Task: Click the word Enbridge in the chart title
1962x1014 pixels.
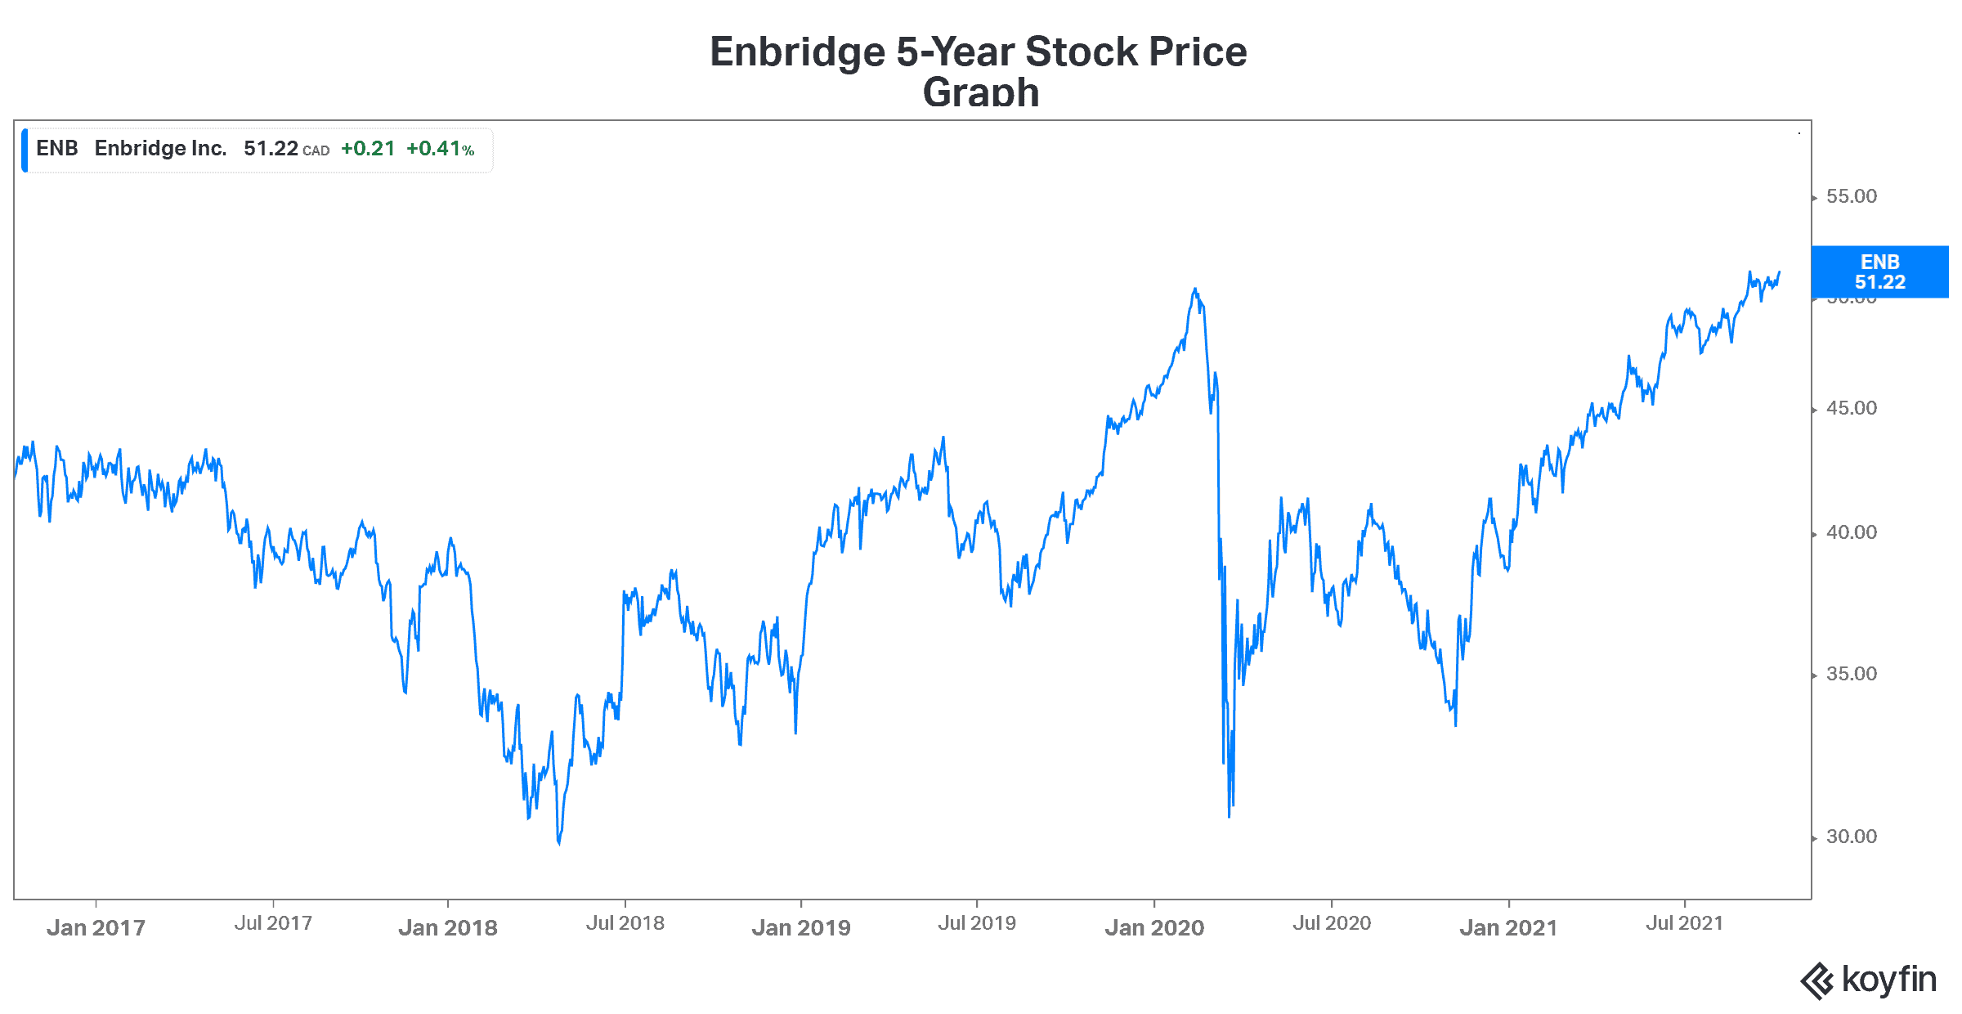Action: click(797, 52)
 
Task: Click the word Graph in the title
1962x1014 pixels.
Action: click(980, 92)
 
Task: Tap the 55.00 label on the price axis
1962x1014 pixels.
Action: click(1851, 196)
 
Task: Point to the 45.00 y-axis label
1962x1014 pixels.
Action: click(1851, 408)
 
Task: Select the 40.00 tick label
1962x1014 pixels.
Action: click(1851, 532)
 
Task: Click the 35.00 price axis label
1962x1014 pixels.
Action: click(1851, 674)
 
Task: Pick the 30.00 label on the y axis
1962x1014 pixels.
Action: click(1851, 837)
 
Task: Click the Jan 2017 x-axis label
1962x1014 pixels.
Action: click(96, 927)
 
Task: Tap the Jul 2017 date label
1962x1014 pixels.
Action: click(273, 923)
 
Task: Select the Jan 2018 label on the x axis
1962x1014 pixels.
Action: click(448, 927)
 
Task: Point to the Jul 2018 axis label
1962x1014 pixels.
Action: click(625, 923)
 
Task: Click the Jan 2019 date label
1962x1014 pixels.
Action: click(801, 927)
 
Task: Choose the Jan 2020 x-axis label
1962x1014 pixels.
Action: click(1154, 927)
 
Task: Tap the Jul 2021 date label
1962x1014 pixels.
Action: click(1684, 923)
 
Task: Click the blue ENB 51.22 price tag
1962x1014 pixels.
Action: click(1879, 272)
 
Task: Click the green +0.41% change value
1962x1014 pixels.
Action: click(440, 149)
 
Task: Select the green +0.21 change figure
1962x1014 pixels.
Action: click(368, 149)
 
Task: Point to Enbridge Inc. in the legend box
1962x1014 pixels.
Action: click(160, 149)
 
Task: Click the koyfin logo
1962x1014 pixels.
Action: click(1869, 980)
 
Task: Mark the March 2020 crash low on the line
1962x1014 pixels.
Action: click(1229, 815)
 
